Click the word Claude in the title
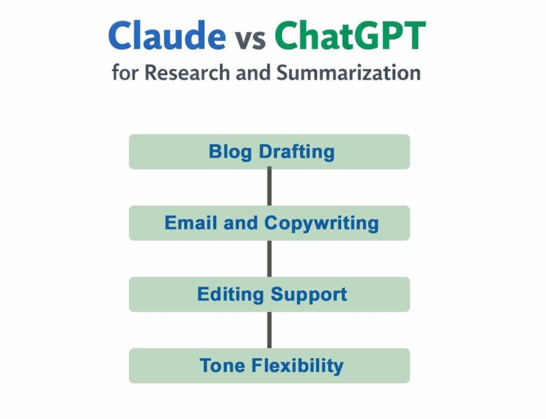[167, 36]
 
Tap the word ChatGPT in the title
[350, 36]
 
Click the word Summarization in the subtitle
[348, 72]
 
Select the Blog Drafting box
[269, 152]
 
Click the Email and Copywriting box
[269, 223]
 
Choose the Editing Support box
[269, 294]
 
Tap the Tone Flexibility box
[269, 366]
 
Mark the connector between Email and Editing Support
[269, 259]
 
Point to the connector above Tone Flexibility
[269, 330]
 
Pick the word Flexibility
[297, 366]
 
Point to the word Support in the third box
[309, 294]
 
